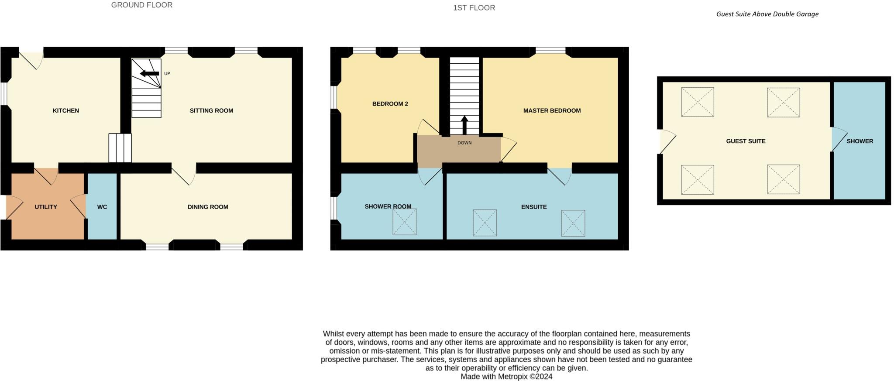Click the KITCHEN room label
pos(66,111)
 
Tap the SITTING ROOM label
pos(211,111)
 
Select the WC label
pos(102,207)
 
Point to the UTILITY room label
pos(46,207)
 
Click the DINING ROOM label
pos(208,207)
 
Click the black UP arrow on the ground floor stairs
pos(149,73)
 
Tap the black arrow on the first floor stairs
pos(464,125)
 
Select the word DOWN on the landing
pos(464,143)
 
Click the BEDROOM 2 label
pos(390,104)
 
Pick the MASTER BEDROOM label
pos(552,111)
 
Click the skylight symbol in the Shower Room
pos(404,222)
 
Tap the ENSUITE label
pos(534,207)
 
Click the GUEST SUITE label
pos(746,141)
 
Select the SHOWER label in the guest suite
pos(860,141)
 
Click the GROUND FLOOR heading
pos(142,5)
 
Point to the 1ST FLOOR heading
pos(474,8)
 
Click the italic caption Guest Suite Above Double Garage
pos(767,14)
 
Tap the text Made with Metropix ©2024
pos(506,377)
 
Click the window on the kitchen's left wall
pos(3,94)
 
